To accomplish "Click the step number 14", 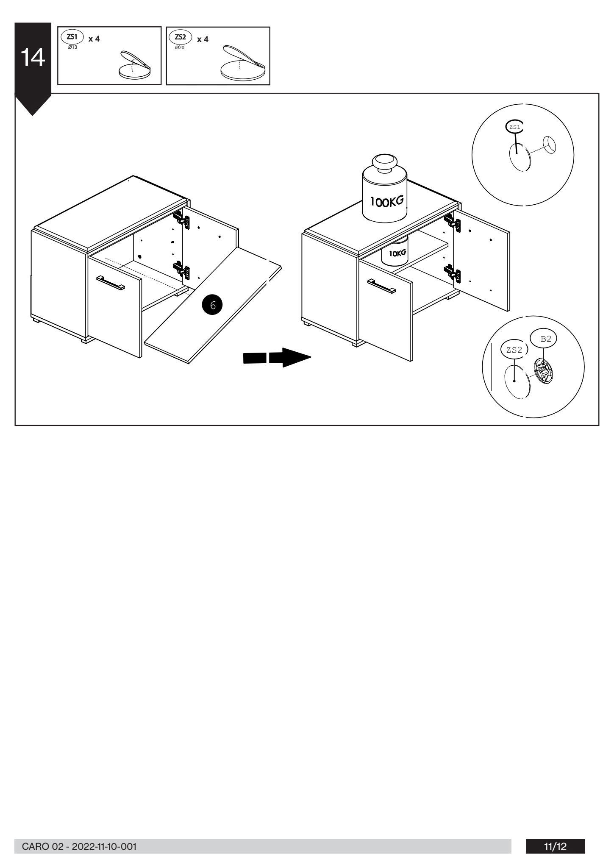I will [33, 58].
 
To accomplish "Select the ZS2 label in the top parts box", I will [180, 37].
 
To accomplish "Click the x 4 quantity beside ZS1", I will [94, 39].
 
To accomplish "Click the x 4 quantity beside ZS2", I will [203, 39].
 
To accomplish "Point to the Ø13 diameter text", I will [72, 47].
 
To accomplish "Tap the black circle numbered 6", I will [213, 305].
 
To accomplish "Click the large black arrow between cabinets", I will [277, 357].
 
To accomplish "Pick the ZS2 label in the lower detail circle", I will [514, 350].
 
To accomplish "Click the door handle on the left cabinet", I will [111, 283].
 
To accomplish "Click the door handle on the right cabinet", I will [381, 286].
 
